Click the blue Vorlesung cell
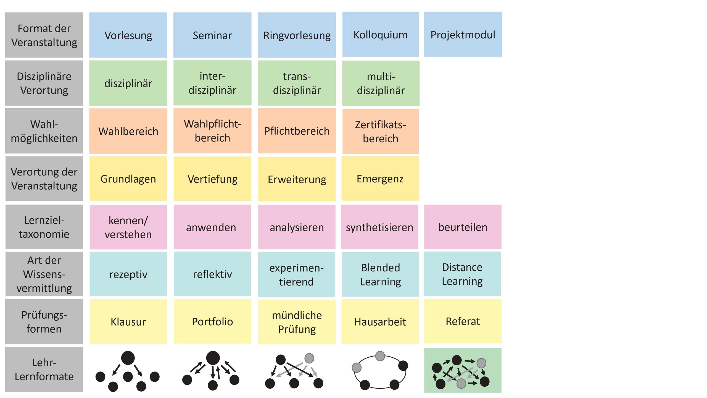click(128, 35)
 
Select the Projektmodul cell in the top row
click(463, 35)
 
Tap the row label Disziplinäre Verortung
click(44, 83)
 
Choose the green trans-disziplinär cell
click(297, 83)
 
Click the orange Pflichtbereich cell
click(297, 131)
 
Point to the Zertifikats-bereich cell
click(380, 132)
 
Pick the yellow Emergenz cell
click(380, 179)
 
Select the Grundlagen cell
click(128, 179)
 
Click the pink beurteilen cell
click(463, 227)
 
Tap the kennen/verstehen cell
click(128, 227)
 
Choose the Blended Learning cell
click(380, 274)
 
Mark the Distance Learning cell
click(462, 274)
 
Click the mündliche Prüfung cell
click(297, 322)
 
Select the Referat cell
click(463, 321)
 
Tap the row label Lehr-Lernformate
click(44, 369)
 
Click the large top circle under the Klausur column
click(128, 358)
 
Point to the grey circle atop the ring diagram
click(380, 356)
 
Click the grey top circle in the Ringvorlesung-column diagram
click(309, 358)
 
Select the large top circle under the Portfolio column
click(213, 358)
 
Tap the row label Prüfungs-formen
click(44, 322)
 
